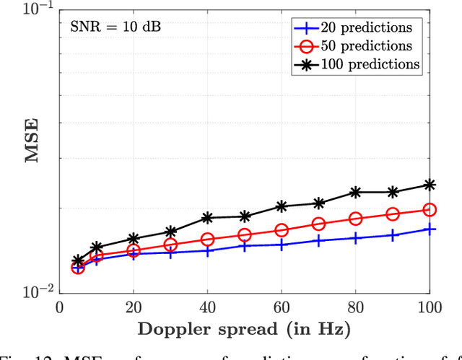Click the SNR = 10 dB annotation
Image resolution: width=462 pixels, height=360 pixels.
point(115,28)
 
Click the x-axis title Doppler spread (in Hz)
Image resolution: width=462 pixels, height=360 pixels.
point(243,330)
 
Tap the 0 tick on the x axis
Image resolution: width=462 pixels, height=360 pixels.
point(59,307)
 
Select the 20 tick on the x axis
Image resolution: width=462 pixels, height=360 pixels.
point(133,307)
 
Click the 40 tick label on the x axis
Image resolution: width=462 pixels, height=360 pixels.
point(207,307)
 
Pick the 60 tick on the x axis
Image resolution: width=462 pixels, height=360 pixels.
point(282,307)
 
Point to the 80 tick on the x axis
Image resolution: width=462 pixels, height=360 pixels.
point(356,307)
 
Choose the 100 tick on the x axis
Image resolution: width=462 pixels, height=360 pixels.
point(430,307)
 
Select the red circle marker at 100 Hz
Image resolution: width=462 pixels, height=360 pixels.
point(430,210)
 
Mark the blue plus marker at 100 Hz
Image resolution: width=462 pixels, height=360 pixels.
point(430,229)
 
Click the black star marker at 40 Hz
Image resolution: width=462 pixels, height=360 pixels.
point(207,217)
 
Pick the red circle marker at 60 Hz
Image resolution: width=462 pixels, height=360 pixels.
point(282,230)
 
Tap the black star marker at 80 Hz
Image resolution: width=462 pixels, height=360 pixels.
point(356,192)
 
